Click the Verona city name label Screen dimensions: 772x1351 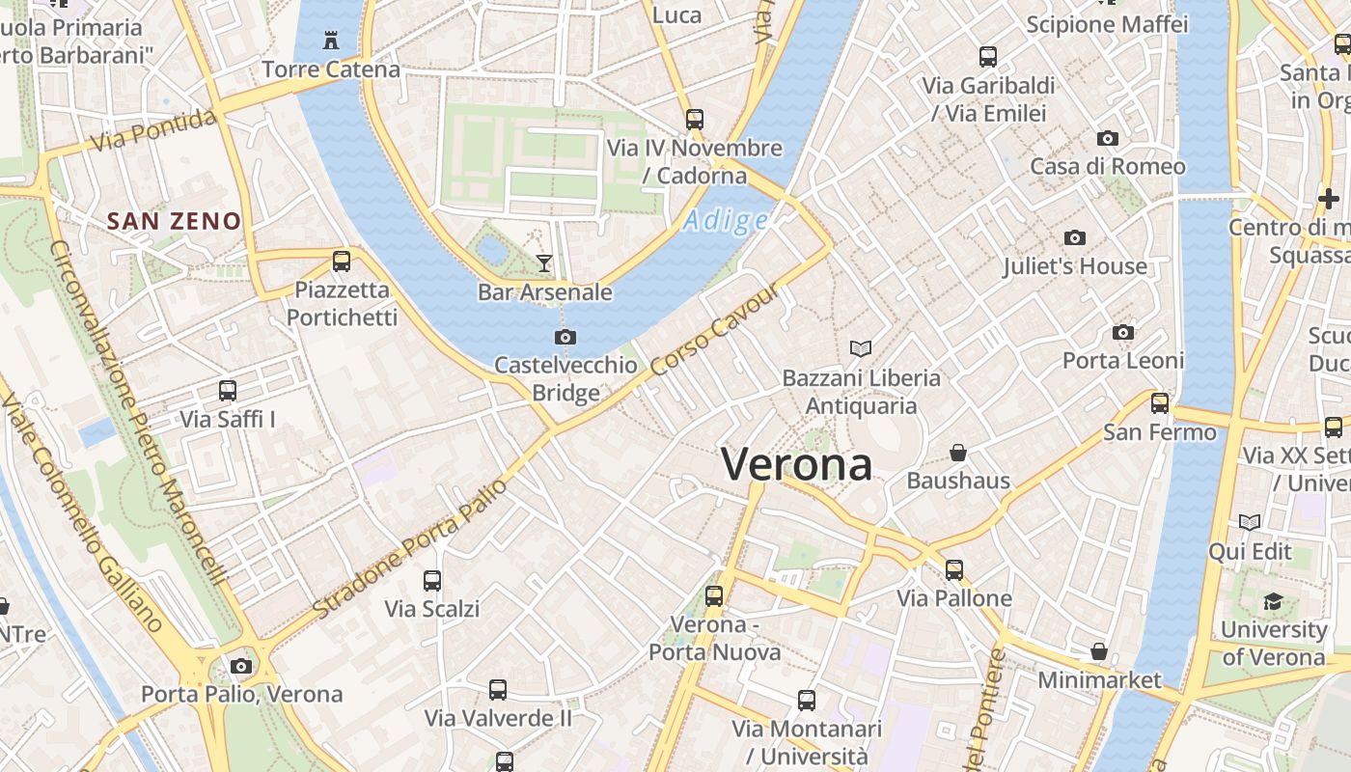[x=797, y=465]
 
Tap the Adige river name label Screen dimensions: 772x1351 [x=725, y=221]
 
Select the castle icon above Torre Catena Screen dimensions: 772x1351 [x=331, y=41]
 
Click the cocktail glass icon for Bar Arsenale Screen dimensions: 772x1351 [x=544, y=262]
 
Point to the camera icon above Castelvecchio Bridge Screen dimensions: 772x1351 [x=565, y=337]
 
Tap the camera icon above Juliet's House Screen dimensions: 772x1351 [x=1074, y=237]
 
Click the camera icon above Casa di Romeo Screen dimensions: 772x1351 [x=1108, y=138]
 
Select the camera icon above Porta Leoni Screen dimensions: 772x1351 [x=1123, y=332]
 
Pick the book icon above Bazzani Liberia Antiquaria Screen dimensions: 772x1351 [x=861, y=348]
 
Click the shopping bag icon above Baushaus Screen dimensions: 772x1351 [x=958, y=453]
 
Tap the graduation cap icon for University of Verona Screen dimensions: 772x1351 [x=1273, y=601]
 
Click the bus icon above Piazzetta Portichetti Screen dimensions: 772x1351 [x=341, y=261]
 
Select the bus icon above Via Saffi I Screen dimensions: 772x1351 [x=228, y=391]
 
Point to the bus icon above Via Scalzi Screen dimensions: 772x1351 [x=432, y=581]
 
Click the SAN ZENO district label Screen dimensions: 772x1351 [x=174, y=221]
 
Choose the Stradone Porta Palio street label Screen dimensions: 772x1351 [x=411, y=549]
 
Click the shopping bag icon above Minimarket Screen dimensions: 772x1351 [x=1098, y=651]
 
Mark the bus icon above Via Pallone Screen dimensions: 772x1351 [x=954, y=570]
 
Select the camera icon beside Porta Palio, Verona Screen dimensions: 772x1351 [x=241, y=666]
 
